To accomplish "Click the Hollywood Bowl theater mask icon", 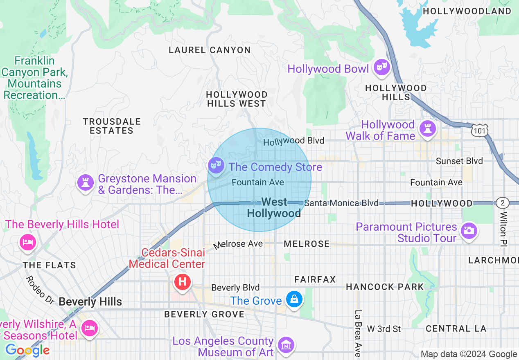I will click(381, 67).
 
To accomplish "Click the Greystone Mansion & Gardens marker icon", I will click(86, 183).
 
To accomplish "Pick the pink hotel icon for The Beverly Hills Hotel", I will click(27, 242).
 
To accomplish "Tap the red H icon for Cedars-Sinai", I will click(183, 282).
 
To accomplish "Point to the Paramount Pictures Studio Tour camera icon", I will click(469, 231).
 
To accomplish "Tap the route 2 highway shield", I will click(502, 203).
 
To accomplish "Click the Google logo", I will click(27, 350).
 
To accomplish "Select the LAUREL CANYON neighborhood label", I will click(210, 50).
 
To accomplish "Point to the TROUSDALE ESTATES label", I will click(112, 126).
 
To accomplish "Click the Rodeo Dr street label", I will click(40, 290).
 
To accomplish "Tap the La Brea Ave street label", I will click(358, 333).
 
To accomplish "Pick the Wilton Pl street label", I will click(503, 229).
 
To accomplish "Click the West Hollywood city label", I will click(274, 207).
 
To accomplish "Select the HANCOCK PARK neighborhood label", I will click(385, 287).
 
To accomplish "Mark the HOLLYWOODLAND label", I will click(467, 11).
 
